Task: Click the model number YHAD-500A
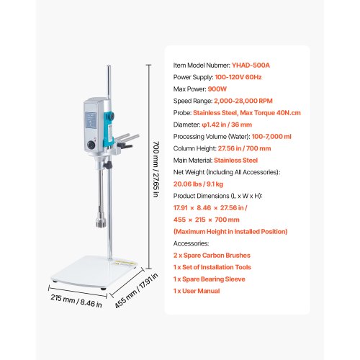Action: (x=251, y=66)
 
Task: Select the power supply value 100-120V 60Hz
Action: (x=238, y=77)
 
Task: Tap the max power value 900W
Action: (x=217, y=89)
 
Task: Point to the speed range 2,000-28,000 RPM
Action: (x=243, y=101)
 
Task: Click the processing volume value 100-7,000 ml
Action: (x=271, y=137)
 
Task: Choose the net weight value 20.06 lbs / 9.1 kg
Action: (x=198, y=184)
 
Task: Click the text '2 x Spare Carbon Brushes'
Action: (x=212, y=256)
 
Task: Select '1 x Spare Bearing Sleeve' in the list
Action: (x=210, y=279)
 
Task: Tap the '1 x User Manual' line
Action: (x=197, y=291)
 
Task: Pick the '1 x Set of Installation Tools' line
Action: (x=212, y=267)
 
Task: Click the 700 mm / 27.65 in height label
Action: (x=156, y=169)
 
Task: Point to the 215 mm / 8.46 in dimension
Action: (x=76, y=301)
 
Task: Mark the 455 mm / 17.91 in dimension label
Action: (x=136, y=290)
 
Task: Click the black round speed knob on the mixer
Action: (x=91, y=145)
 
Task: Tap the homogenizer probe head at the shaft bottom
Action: (x=101, y=222)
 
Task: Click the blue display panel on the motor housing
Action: (x=91, y=120)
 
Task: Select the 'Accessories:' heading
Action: (x=191, y=243)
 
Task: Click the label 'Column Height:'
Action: (x=195, y=148)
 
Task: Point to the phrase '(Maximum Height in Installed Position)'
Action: (x=230, y=232)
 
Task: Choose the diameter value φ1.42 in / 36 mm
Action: (x=227, y=125)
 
